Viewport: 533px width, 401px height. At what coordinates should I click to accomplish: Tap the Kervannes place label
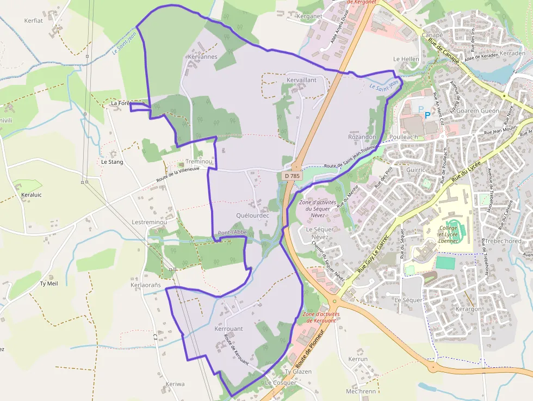click(202, 57)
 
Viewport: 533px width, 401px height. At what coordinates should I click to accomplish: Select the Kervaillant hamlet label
click(301, 80)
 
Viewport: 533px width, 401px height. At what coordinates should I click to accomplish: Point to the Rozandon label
click(362, 137)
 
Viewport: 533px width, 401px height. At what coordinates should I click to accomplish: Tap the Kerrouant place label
click(228, 329)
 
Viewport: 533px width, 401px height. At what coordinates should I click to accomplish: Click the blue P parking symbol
click(427, 114)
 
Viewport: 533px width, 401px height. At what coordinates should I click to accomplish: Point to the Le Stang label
click(112, 162)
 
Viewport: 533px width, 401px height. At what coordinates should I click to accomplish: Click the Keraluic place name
click(31, 194)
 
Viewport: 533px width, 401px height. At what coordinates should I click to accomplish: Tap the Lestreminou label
click(149, 223)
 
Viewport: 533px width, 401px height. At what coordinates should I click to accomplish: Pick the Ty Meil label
click(49, 283)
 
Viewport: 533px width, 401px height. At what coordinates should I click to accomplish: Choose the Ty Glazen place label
click(299, 372)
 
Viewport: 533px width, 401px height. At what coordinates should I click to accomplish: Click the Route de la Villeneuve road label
click(177, 175)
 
